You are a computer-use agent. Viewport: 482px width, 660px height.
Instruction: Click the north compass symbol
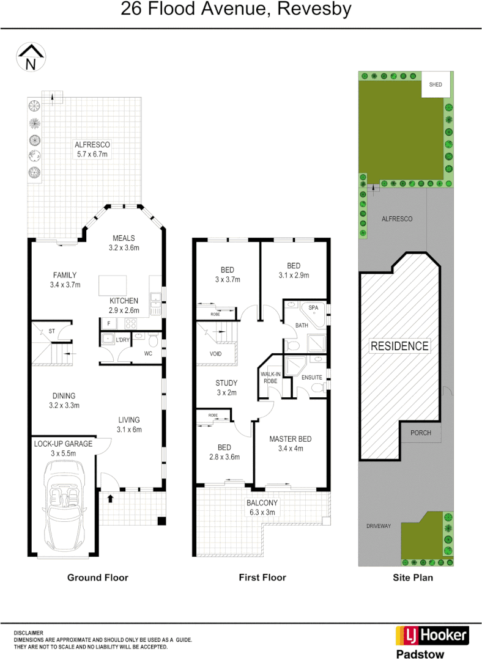tap(30, 56)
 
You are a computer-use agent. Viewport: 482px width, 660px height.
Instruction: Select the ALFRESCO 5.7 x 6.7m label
tap(92, 149)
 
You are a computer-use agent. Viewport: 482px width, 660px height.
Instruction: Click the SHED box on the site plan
tap(436, 85)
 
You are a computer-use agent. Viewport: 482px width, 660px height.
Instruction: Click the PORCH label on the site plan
tap(421, 433)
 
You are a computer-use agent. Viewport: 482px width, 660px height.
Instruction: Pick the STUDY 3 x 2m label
tap(226, 388)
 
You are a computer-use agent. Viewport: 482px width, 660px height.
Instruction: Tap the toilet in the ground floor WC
tap(153, 340)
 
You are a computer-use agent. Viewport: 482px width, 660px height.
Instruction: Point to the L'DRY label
tap(123, 340)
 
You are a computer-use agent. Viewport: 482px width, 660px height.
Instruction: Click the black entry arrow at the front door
tap(111, 498)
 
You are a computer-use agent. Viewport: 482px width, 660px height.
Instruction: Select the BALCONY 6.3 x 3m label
tap(262, 507)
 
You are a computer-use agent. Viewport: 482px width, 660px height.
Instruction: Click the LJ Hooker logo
tap(432, 636)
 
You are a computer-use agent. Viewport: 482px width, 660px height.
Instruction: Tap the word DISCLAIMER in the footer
tap(29, 633)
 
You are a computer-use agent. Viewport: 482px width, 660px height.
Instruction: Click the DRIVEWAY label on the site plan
tap(379, 526)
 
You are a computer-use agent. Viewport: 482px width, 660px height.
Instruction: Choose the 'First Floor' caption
tap(262, 577)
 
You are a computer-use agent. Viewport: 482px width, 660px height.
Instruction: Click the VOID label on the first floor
tap(215, 354)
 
